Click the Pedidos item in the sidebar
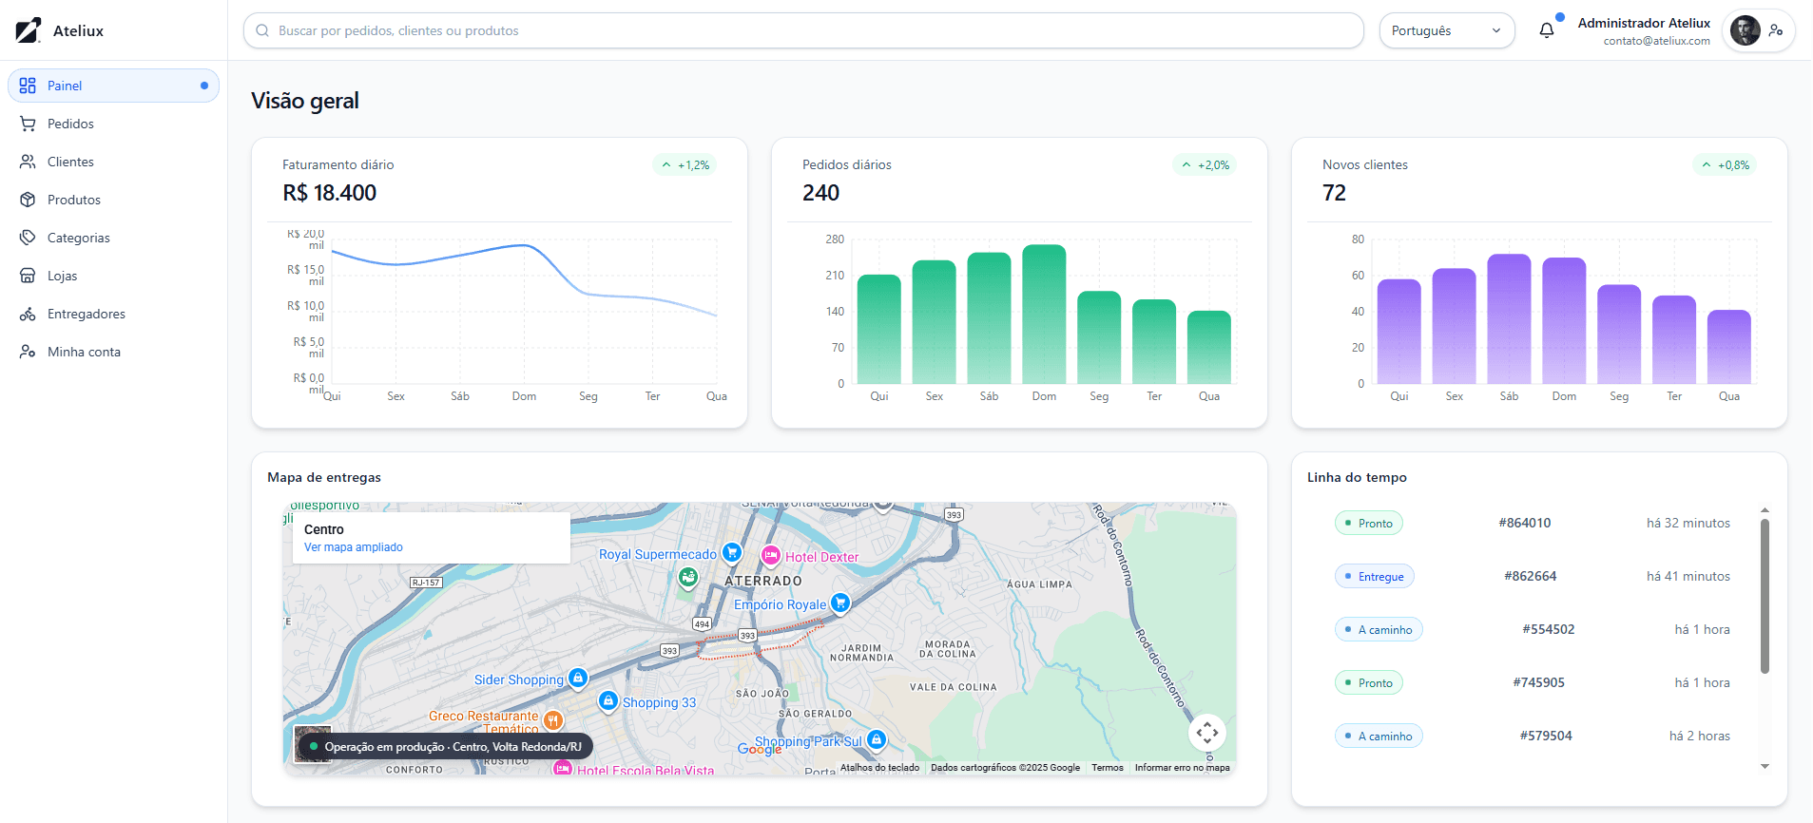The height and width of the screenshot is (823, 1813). pos(70,124)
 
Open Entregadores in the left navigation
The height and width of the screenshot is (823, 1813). pos(86,314)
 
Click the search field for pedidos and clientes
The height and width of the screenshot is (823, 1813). pos(803,30)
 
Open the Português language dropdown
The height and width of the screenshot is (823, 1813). pos(1446,30)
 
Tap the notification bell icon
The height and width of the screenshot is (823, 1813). pos(1547,30)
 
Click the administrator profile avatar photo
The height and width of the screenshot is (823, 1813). pos(1745,30)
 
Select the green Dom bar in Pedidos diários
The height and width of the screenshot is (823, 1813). pos(1044,314)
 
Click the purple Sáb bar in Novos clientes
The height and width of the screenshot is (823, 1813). pos(1509,318)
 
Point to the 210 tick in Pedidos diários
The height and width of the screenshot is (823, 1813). pos(835,276)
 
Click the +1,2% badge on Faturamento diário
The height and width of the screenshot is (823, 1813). pos(685,165)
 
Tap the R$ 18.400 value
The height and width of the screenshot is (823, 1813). pos(330,193)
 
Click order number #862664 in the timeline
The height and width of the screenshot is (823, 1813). pos(1530,576)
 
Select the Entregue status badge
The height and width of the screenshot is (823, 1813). pos(1375,576)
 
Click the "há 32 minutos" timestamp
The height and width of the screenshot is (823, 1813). pos(1688,523)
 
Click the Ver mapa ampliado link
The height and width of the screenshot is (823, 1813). pos(354,547)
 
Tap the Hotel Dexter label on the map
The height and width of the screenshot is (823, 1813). pos(821,557)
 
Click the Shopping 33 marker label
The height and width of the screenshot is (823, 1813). pos(659,702)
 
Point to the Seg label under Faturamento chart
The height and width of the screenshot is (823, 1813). pos(588,396)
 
